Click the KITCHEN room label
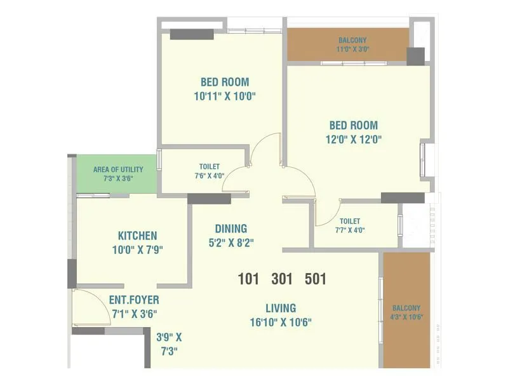pos(137,236)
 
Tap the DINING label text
pos(231,229)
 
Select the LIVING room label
pos(280,308)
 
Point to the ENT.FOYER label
pos(134,300)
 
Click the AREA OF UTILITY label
pos(118,170)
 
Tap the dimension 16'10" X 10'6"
pos(281,322)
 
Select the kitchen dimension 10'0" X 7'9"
pos(137,250)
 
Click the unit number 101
pos(249,279)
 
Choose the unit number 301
pos(283,279)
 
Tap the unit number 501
pos(316,279)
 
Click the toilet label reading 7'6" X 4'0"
pos(210,176)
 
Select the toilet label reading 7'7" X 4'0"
pos(350,230)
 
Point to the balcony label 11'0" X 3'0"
pos(352,49)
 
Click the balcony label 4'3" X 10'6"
pos(406,317)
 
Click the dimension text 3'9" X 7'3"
pos(169,344)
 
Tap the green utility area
pos(117,182)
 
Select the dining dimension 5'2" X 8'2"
pos(231,242)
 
